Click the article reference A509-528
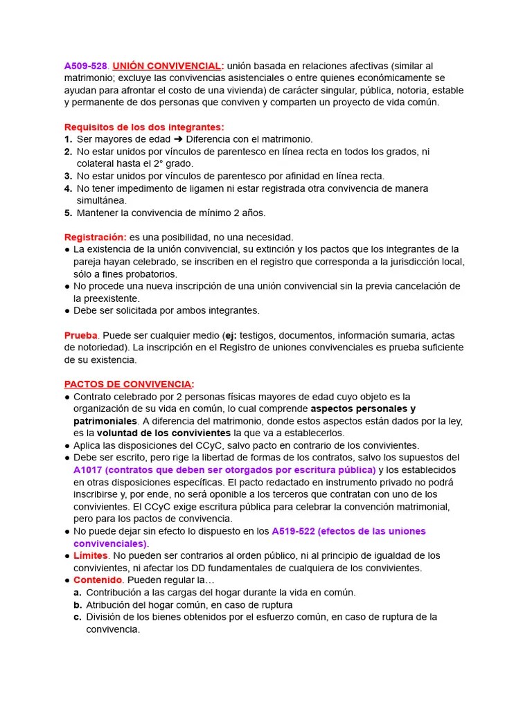click(86, 66)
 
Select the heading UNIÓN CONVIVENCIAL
click(166, 66)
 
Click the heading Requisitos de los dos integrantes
click(144, 127)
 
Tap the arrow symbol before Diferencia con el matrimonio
click(179, 139)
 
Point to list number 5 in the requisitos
click(68, 213)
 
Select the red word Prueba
click(81, 335)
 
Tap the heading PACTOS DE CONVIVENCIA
click(128, 384)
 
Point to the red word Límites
click(91, 555)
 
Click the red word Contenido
click(98, 580)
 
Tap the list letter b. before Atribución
click(78, 604)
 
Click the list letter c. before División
click(78, 617)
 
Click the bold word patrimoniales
click(105, 421)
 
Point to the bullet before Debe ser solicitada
click(67, 310)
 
